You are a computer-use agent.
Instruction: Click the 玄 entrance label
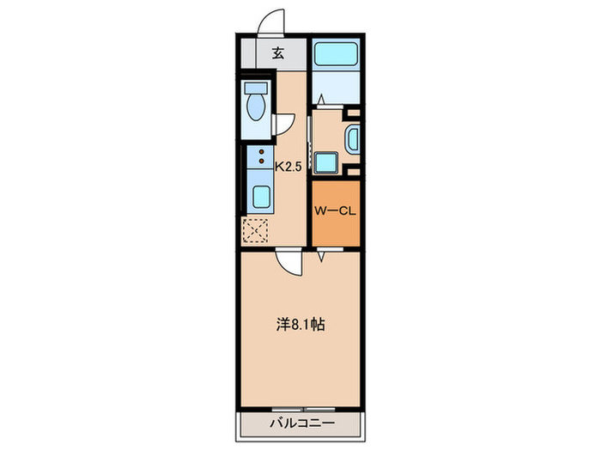click(278, 53)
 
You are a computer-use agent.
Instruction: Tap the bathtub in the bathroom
click(336, 54)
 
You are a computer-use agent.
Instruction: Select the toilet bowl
click(256, 107)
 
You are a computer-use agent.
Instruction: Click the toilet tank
click(256, 88)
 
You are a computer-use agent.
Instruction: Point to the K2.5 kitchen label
click(289, 167)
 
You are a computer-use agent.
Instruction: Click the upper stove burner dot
click(262, 152)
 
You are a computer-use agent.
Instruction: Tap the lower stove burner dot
click(262, 161)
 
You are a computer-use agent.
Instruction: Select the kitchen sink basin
click(261, 197)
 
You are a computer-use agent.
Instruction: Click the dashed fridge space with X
click(255, 230)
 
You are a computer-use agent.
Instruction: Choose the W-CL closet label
click(336, 211)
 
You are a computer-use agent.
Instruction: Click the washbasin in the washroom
click(353, 139)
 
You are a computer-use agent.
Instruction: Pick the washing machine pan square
click(326, 164)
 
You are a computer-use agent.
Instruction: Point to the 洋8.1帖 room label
click(300, 325)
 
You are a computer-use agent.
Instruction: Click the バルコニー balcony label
click(302, 424)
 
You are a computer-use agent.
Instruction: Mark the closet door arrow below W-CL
click(321, 256)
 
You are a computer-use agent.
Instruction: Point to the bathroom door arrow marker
click(321, 100)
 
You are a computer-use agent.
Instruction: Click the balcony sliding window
click(304, 408)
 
